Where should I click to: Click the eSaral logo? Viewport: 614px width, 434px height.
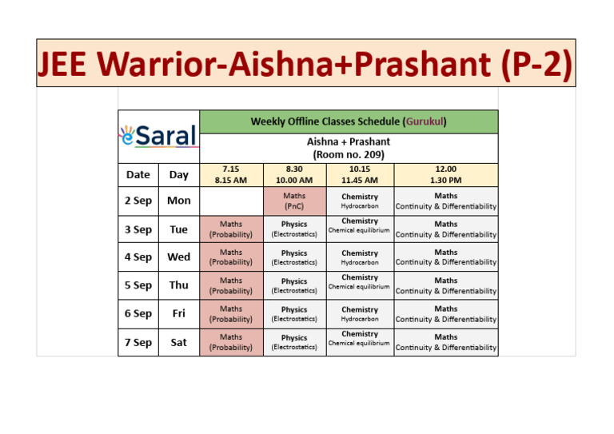(158, 135)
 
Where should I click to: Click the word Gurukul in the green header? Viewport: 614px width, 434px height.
(425, 121)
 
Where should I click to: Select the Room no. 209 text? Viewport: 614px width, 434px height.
(349, 154)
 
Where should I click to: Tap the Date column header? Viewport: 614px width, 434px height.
(138, 174)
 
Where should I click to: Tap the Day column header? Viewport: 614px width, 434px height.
(178, 174)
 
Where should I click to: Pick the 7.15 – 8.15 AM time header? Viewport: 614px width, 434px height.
(231, 174)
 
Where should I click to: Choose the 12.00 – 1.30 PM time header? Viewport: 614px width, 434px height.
(445, 174)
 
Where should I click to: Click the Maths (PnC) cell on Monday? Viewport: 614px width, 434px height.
(294, 201)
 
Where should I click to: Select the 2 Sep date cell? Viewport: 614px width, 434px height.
(138, 201)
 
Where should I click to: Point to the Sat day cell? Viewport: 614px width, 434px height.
(178, 342)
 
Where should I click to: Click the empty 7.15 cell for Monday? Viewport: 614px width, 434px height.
(231, 201)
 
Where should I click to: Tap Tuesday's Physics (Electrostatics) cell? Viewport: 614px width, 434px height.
(294, 229)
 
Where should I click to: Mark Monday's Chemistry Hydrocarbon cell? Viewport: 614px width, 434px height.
(360, 201)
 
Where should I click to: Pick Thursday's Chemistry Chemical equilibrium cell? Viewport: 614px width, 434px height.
(360, 285)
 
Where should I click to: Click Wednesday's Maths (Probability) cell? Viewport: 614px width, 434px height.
(231, 257)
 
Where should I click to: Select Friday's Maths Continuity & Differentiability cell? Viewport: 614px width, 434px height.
(445, 314)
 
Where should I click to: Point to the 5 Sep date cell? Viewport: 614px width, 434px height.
(138, 285)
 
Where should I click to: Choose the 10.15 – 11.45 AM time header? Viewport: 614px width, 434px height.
(360, 174)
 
